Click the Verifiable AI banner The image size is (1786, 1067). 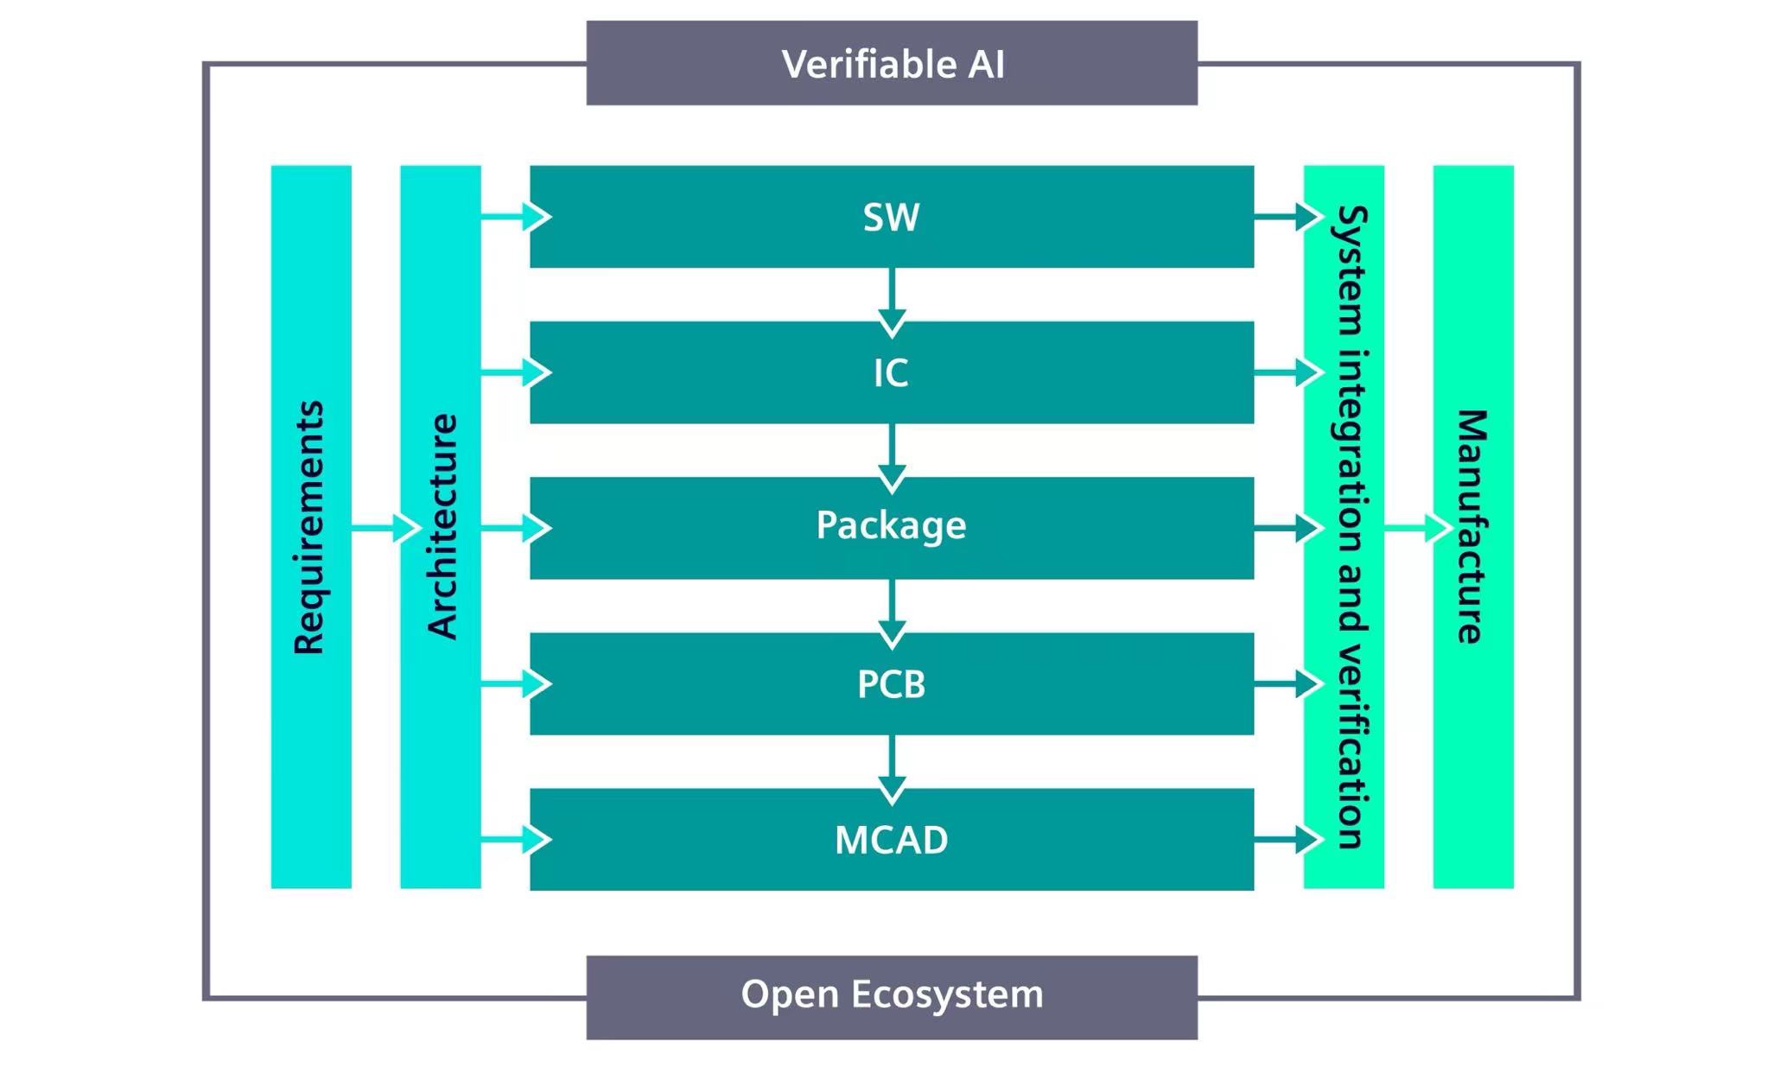point(892,64)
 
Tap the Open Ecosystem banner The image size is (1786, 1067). point(892,995)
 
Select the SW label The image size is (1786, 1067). point(892,217)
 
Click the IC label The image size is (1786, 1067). point(892,373)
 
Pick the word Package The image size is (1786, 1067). point(892,526)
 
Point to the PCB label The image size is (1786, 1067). point(892,684)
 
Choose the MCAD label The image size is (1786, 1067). point(892,840)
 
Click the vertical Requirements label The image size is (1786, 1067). point(309,527)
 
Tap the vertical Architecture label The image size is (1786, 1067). point(442,527)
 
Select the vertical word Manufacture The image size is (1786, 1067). point(1472,527)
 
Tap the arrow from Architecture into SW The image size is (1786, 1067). point(517,216)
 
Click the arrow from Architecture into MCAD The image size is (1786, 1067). point(517,840)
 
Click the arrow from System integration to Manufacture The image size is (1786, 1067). point(1419,527)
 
